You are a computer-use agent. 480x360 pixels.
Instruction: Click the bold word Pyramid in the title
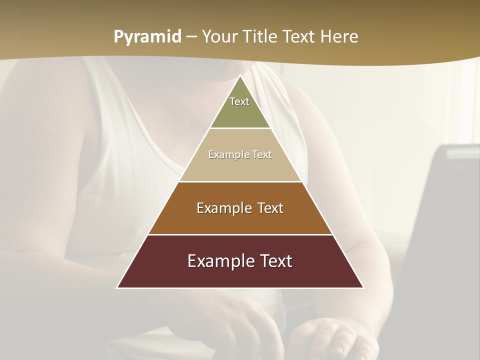(x=147, y=36)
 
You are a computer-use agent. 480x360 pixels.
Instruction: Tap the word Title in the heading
(x=261, y=36)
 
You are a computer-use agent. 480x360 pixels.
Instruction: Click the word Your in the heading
(x=220, y=36)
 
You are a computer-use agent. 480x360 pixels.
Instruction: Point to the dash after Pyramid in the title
(x=191, y=37)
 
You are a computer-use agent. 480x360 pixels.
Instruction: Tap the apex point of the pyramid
(x=240, y=76)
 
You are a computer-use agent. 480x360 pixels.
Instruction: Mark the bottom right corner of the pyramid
(x=363, y=287)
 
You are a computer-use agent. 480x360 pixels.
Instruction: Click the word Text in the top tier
(x=239, y=101)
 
